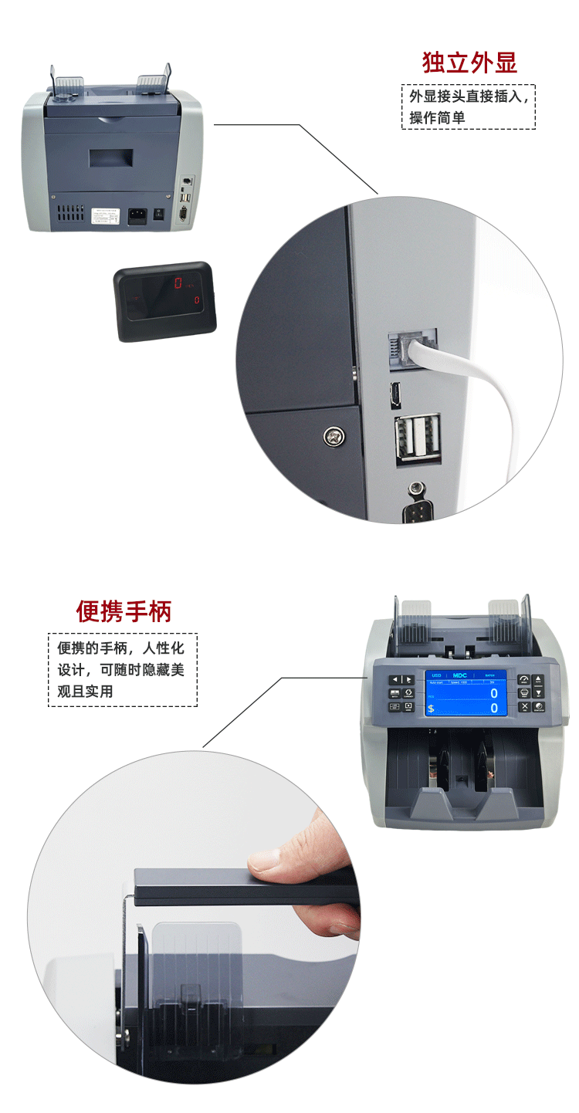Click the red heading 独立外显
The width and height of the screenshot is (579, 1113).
coord(469,63)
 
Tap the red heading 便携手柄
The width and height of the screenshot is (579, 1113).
coord(124,611)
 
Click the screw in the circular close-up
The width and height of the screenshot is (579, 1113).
coord(334,436)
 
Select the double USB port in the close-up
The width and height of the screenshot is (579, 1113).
coord(418,438)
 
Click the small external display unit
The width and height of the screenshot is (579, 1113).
coord(164,301)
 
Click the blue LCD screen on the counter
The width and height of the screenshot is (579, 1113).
coord(466,692)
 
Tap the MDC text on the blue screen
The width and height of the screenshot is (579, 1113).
coord(460,675)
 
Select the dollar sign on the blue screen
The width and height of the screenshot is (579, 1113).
coord(432,709)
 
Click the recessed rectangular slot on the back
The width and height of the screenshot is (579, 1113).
coord(111,158)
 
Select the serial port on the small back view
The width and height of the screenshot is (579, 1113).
coord(184,214)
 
